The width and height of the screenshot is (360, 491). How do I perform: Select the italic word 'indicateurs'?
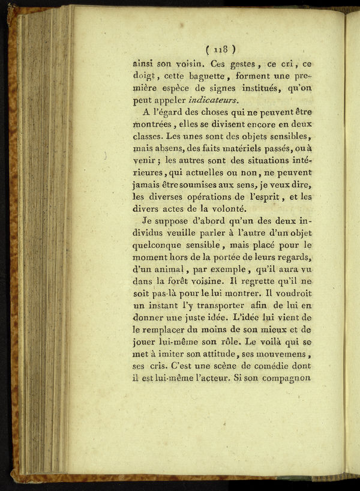click(213, 99)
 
